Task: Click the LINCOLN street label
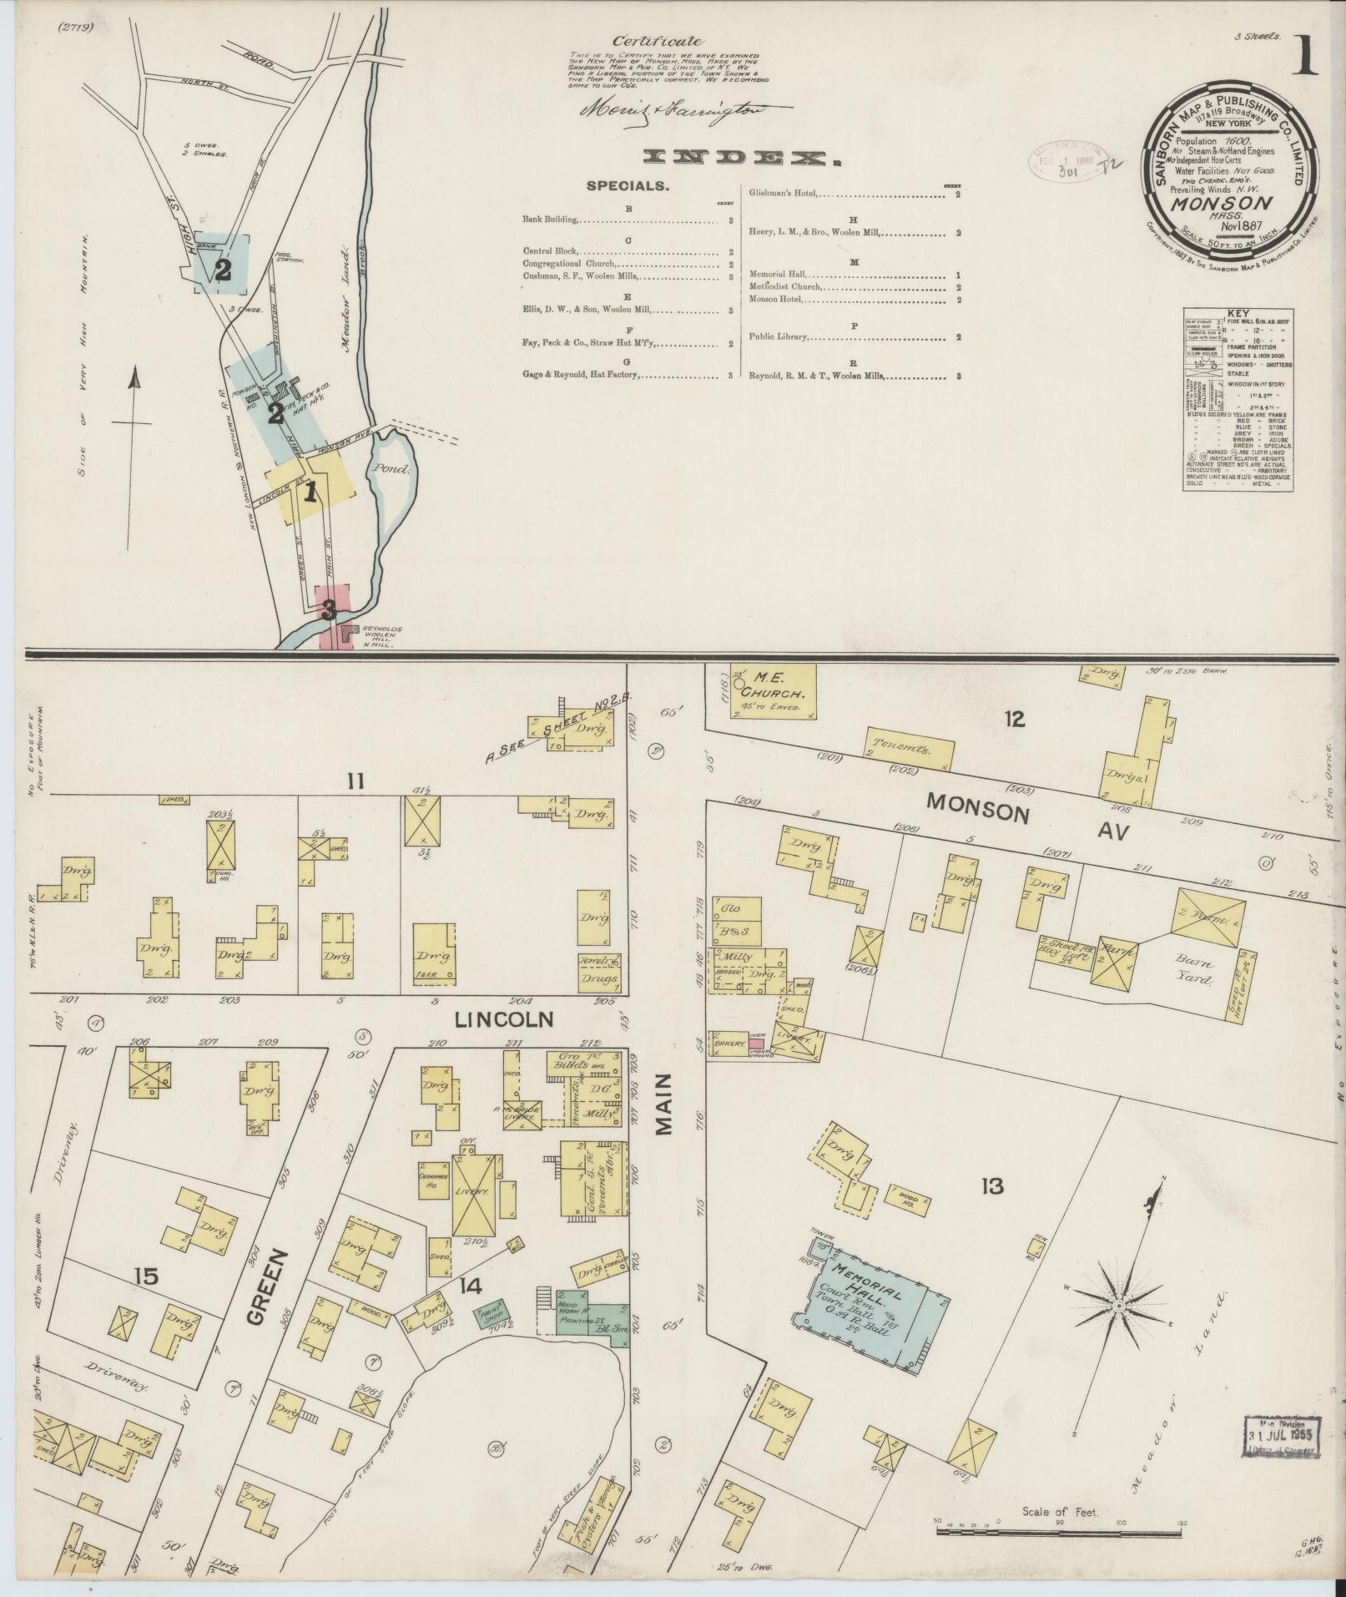(x=492, y=1019)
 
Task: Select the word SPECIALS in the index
(x=628, y=187)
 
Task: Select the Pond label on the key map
(x=392, y=469)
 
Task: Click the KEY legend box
(x=1239, y=399)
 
